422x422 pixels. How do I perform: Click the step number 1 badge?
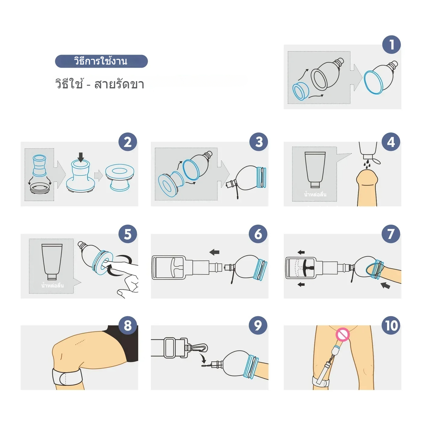point(391,45)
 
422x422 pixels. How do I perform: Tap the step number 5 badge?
point(128,234)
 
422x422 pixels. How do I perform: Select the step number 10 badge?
point(391,325)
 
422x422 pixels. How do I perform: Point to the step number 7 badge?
point(391,234)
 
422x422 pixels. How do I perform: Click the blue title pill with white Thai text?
point(101,61)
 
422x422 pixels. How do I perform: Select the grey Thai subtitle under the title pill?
point(100,84)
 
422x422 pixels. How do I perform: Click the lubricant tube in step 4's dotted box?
point(315,170)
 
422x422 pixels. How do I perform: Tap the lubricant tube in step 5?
point(52,262)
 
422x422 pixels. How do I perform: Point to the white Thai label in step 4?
point(315,194)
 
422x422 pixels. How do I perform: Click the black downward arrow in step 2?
point(81,157)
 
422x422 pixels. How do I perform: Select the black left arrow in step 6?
point(214,252)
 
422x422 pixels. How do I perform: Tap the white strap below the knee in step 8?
point(68,377)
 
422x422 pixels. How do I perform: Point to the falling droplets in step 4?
point(367,165)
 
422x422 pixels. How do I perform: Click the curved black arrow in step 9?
point(203,358)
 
